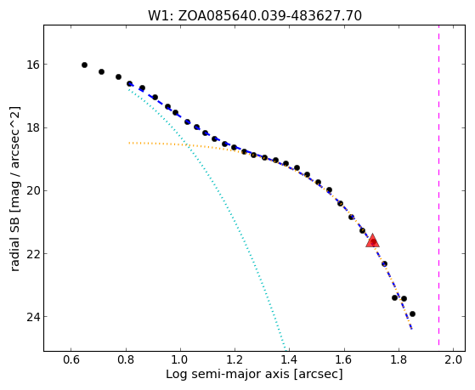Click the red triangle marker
[x=373, y=241]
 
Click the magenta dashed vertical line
[x=439, y=185]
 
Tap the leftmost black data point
[x=84, y=65]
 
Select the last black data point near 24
[x=412, y=314]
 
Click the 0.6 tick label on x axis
[x=71, y=359]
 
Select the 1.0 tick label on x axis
[x=180, y=359]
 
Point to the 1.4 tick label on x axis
[x=290, y=359]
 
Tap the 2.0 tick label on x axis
[x=454, y=359]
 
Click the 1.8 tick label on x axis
[x=399, y=359]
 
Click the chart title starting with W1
[x=255, y=15]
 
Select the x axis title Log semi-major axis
[x=254, y=374]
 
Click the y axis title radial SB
[x=14, y=189]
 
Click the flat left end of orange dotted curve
[x=130, y=143]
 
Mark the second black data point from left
[x=101, y=72]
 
